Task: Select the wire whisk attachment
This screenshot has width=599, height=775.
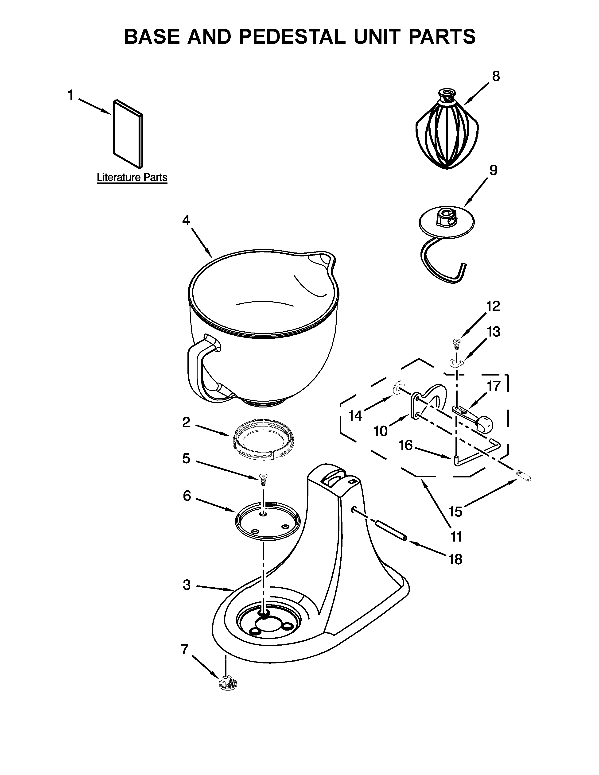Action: pyautogui.click(x=447, y=133)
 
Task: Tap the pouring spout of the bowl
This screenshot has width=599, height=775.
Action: pyautogui.click(x=321, y=261)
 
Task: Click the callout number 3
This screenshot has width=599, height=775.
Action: pyautogui.click(x=187, y=585)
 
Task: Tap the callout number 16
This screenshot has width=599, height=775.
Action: pyautogui.click(x=406, y=445)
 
